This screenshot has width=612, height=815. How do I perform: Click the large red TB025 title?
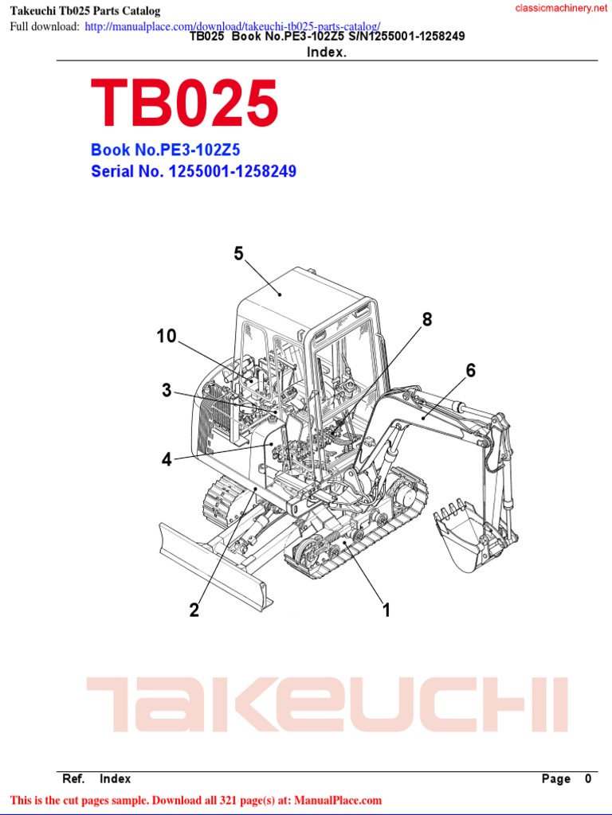pyautogui.click(x=185, y=103)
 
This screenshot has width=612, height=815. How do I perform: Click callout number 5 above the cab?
pyautogui.click(x=238, y=254)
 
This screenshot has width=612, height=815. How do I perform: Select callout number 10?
pyautogui.click(x=166, y=337)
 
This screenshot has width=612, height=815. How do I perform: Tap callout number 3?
pyautogui.click(x=167, y=391)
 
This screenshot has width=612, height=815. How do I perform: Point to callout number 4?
pyautogui.click(x=167, y=460)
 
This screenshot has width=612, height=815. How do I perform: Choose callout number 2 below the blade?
pyautogui.click(x=194, y=610)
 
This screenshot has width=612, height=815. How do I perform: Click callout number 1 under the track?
pyautogui.click(x=386, y=610)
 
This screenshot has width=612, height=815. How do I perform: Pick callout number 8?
pyautogui.click(x=427, y=320)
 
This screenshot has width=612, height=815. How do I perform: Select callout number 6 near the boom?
pyautogui.click(x=471, y=371)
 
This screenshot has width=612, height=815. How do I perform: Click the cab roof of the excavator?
pyautogui.click(x=295, y=294)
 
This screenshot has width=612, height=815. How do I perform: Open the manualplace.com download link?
pyautogui.click(x=232, y=26)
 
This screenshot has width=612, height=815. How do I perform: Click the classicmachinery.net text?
pyautogui.click(x=555, y=8)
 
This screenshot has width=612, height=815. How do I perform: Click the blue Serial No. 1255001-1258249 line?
pyautogui.click(x=194, y=171)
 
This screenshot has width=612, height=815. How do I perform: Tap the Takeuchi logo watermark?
pyautogui.click(x=327, y=705)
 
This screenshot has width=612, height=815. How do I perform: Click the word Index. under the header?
pyautogui.click(x=327, y=52)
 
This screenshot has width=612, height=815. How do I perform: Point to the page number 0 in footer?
pyautogui.click(x=588, y=779)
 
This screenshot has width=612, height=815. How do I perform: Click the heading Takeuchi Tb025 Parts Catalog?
pyautogui.click(x=84, y=11)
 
